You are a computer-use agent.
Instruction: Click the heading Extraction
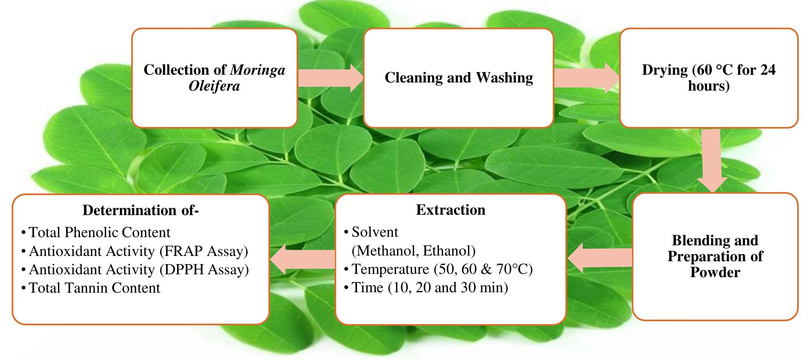[x=450, y=210]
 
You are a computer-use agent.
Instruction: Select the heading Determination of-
[x=140, y=210]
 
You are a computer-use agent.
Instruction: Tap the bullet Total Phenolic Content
[x=100, y=232]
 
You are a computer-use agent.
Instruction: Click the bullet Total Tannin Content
[x=95, y=288]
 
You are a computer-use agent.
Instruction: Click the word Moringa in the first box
[x=257, y=70]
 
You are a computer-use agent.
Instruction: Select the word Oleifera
[x=214, y=86]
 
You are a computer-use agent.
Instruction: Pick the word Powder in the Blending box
[x=715, y=272]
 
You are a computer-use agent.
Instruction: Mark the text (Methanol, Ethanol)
[x=413, y=251]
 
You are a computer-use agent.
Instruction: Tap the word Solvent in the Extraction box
[x=375, y=232]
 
